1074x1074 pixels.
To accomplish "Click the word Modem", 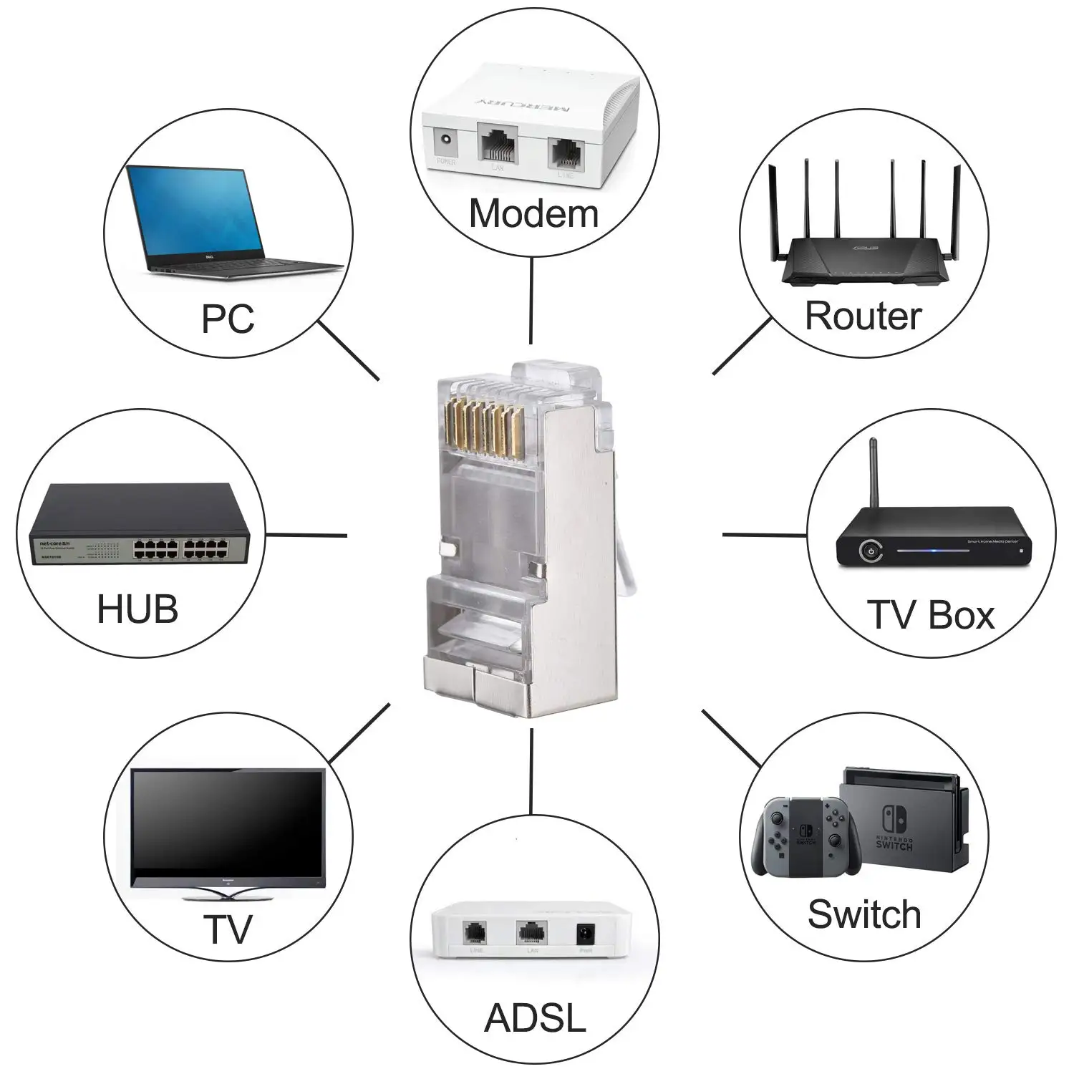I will (533, 214).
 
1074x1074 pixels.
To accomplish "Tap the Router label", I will (863, 316).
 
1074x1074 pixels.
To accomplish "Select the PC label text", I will (228, 319).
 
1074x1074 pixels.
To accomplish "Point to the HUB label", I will (137, 609).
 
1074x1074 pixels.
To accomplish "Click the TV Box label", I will (930, 615).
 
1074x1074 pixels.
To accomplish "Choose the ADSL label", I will (535, 1017).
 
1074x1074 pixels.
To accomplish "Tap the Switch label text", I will (864, 914).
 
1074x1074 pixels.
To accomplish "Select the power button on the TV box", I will (870, 551).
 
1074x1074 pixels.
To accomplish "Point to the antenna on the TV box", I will (874, 473).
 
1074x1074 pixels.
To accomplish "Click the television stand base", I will (227, 894).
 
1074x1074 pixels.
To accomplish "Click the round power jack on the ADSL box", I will (586, 934).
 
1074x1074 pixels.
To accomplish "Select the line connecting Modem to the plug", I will (531, 301).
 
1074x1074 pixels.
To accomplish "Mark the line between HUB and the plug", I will (306, 535).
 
